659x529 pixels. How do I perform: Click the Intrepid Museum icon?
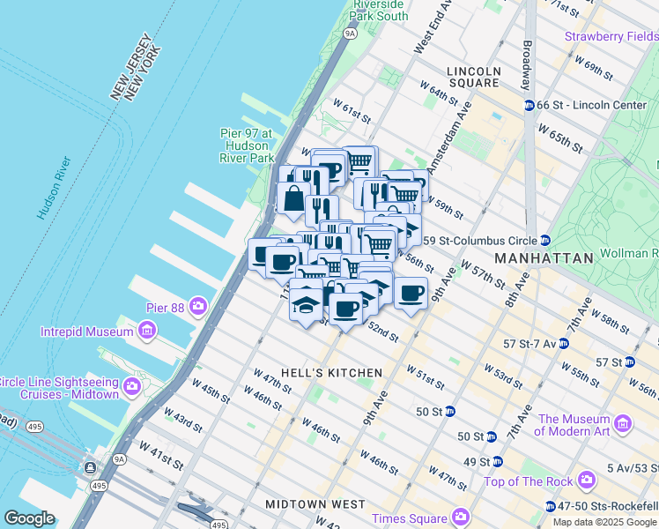146,332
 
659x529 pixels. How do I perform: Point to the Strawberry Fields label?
611,37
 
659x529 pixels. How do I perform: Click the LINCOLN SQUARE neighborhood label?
473,77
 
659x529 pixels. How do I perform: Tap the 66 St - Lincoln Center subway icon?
529,105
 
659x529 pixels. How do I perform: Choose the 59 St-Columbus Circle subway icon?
546,240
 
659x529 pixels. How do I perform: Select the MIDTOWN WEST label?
315,504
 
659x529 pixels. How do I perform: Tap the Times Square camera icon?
460,517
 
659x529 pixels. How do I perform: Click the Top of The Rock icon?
587,481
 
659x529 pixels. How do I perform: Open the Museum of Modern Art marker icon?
623,424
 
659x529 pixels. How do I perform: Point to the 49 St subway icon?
497,461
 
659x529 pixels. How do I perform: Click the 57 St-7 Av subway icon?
563,343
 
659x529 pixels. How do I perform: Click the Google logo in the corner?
29,518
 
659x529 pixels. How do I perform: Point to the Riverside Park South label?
380,11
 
